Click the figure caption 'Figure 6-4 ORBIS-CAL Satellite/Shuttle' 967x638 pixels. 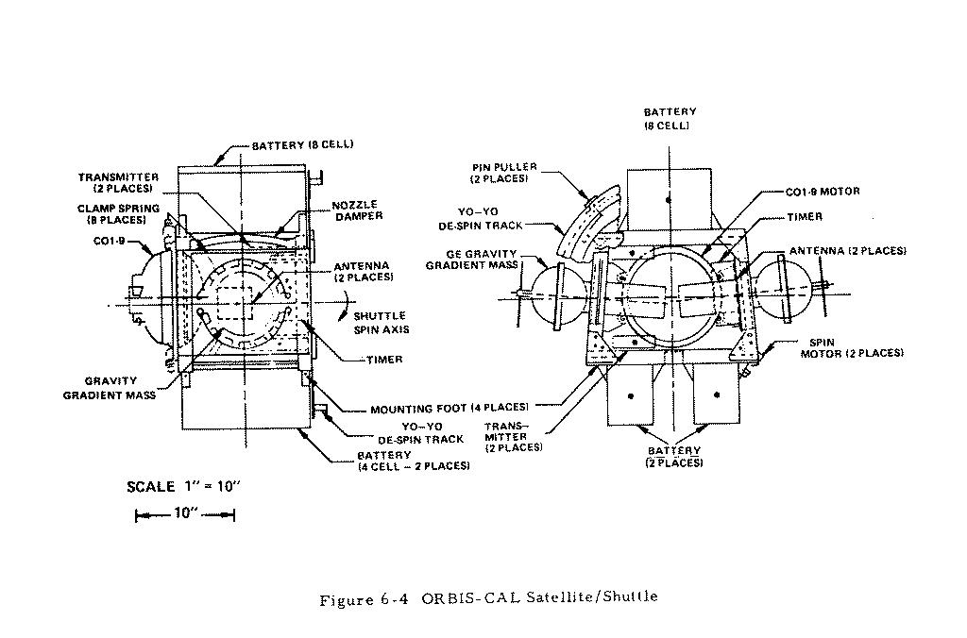click(488, 597)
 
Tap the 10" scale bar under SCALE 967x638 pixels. click(184, 514)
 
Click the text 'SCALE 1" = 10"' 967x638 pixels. click(184, 487)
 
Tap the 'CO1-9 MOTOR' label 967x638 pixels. click(821, 192)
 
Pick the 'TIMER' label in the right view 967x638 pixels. click(804, 217)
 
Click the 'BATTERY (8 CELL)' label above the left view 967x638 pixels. click(302, 145)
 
